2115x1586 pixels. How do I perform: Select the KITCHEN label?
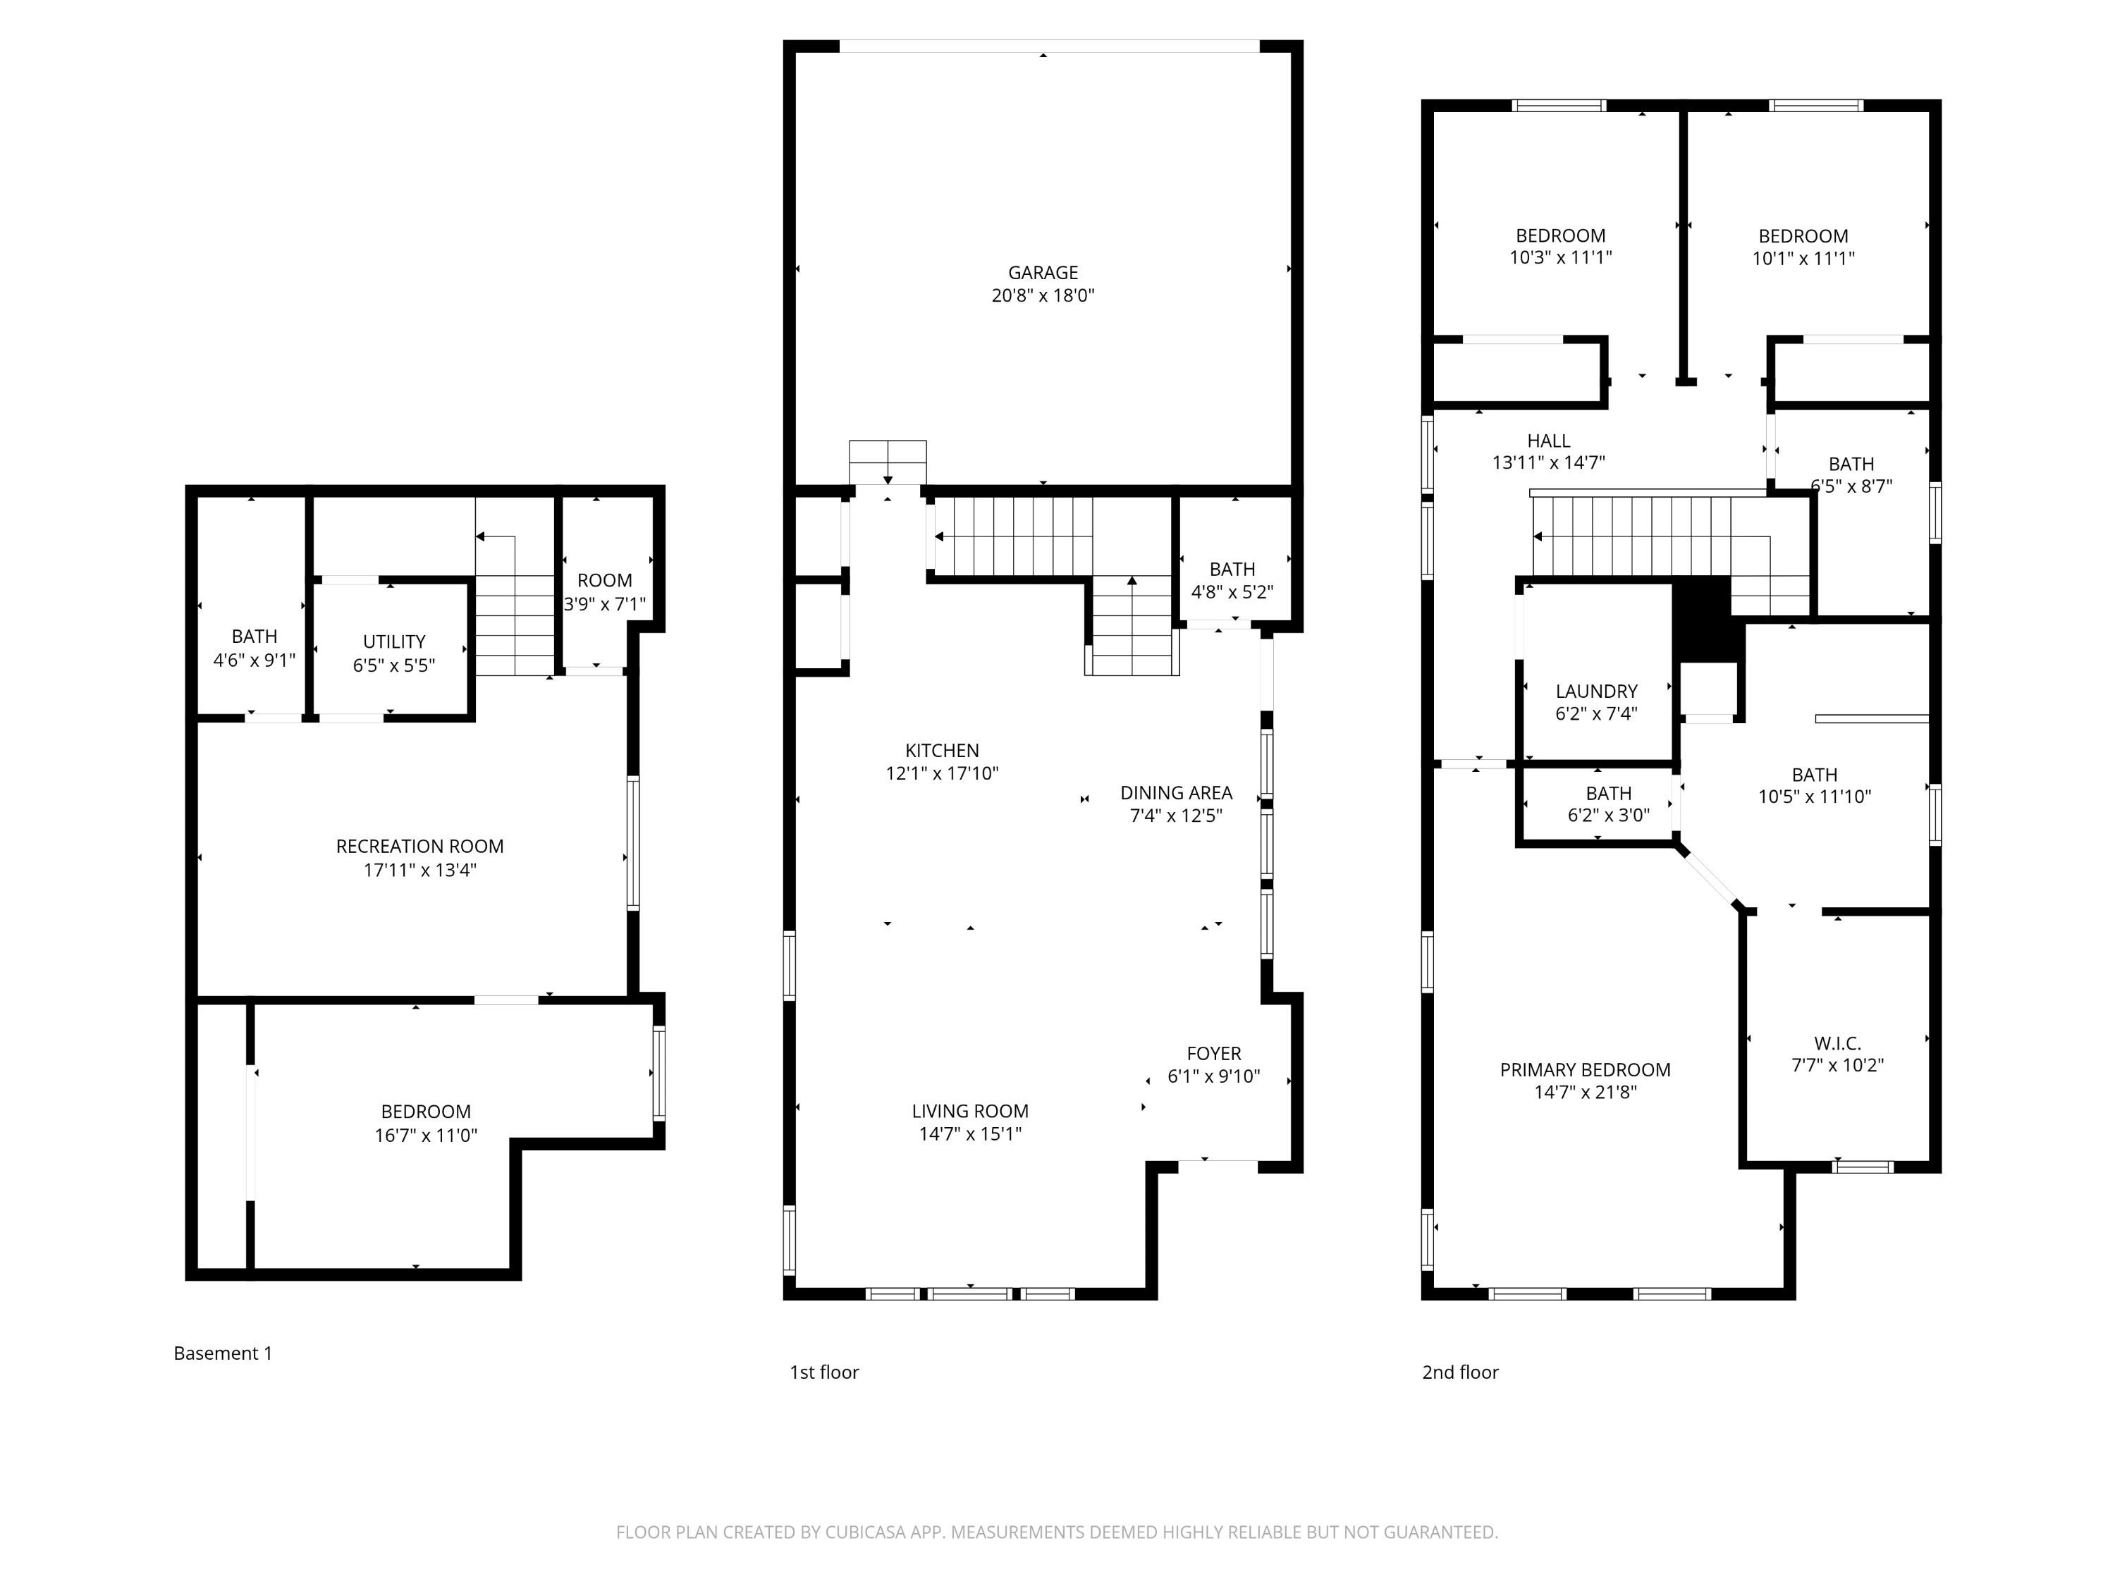(x=942, y=751)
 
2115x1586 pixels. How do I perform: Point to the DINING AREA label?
(x=1176, y=792)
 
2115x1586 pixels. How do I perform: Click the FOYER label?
(x=1213, y=1054)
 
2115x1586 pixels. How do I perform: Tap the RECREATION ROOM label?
(x=419, y=846)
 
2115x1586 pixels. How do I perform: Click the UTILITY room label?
(x=394, y=641)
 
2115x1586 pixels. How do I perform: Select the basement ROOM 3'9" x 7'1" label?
(x=604, y=593)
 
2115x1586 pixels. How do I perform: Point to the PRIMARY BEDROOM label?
(x=1586, y=1070)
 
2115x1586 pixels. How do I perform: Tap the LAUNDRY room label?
(x=1596, y=691)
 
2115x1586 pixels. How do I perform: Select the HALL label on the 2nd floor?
(x=1548, y=441)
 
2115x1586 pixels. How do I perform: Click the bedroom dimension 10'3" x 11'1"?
(x=1560, y=257)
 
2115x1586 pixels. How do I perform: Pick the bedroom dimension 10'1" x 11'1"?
(x=1803, y=258)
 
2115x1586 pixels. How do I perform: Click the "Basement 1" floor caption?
(x=223, y=1353)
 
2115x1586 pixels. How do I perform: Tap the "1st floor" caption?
(x=824, y=1372)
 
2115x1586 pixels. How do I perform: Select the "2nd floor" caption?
(x=1460, y=1372)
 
